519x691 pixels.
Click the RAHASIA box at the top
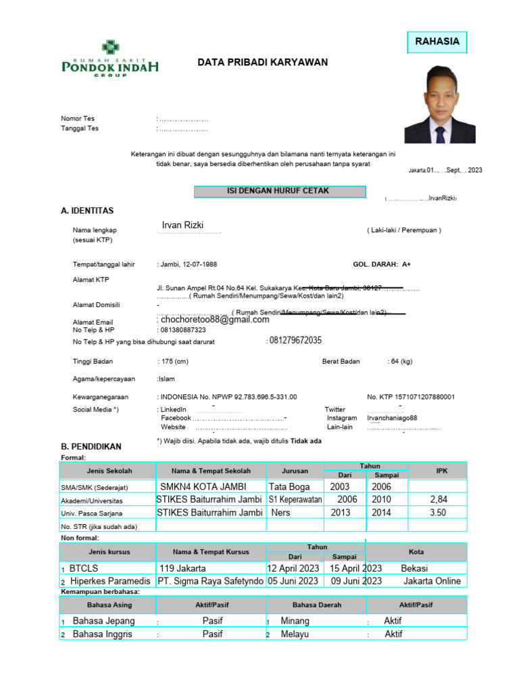(437, 42)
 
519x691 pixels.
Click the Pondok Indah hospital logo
(110, 59)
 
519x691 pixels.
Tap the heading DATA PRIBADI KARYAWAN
(262, 62)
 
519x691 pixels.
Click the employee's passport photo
(439, 105)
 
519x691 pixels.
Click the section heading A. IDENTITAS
(87, 211)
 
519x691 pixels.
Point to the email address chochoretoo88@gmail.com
(215, 320)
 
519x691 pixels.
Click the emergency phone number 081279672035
(295, 340)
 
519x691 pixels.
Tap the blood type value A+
(406, 265)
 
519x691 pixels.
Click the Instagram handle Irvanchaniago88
(392, 418)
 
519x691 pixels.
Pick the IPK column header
(442, 470)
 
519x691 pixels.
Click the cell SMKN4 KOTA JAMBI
(203, 487)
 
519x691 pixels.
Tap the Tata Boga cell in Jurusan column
(289, 487)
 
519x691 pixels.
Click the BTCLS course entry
(84, 568)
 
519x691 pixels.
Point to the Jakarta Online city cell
(432, 581)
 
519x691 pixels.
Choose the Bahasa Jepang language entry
(103, 621)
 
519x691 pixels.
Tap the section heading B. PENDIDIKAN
(91, 447)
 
